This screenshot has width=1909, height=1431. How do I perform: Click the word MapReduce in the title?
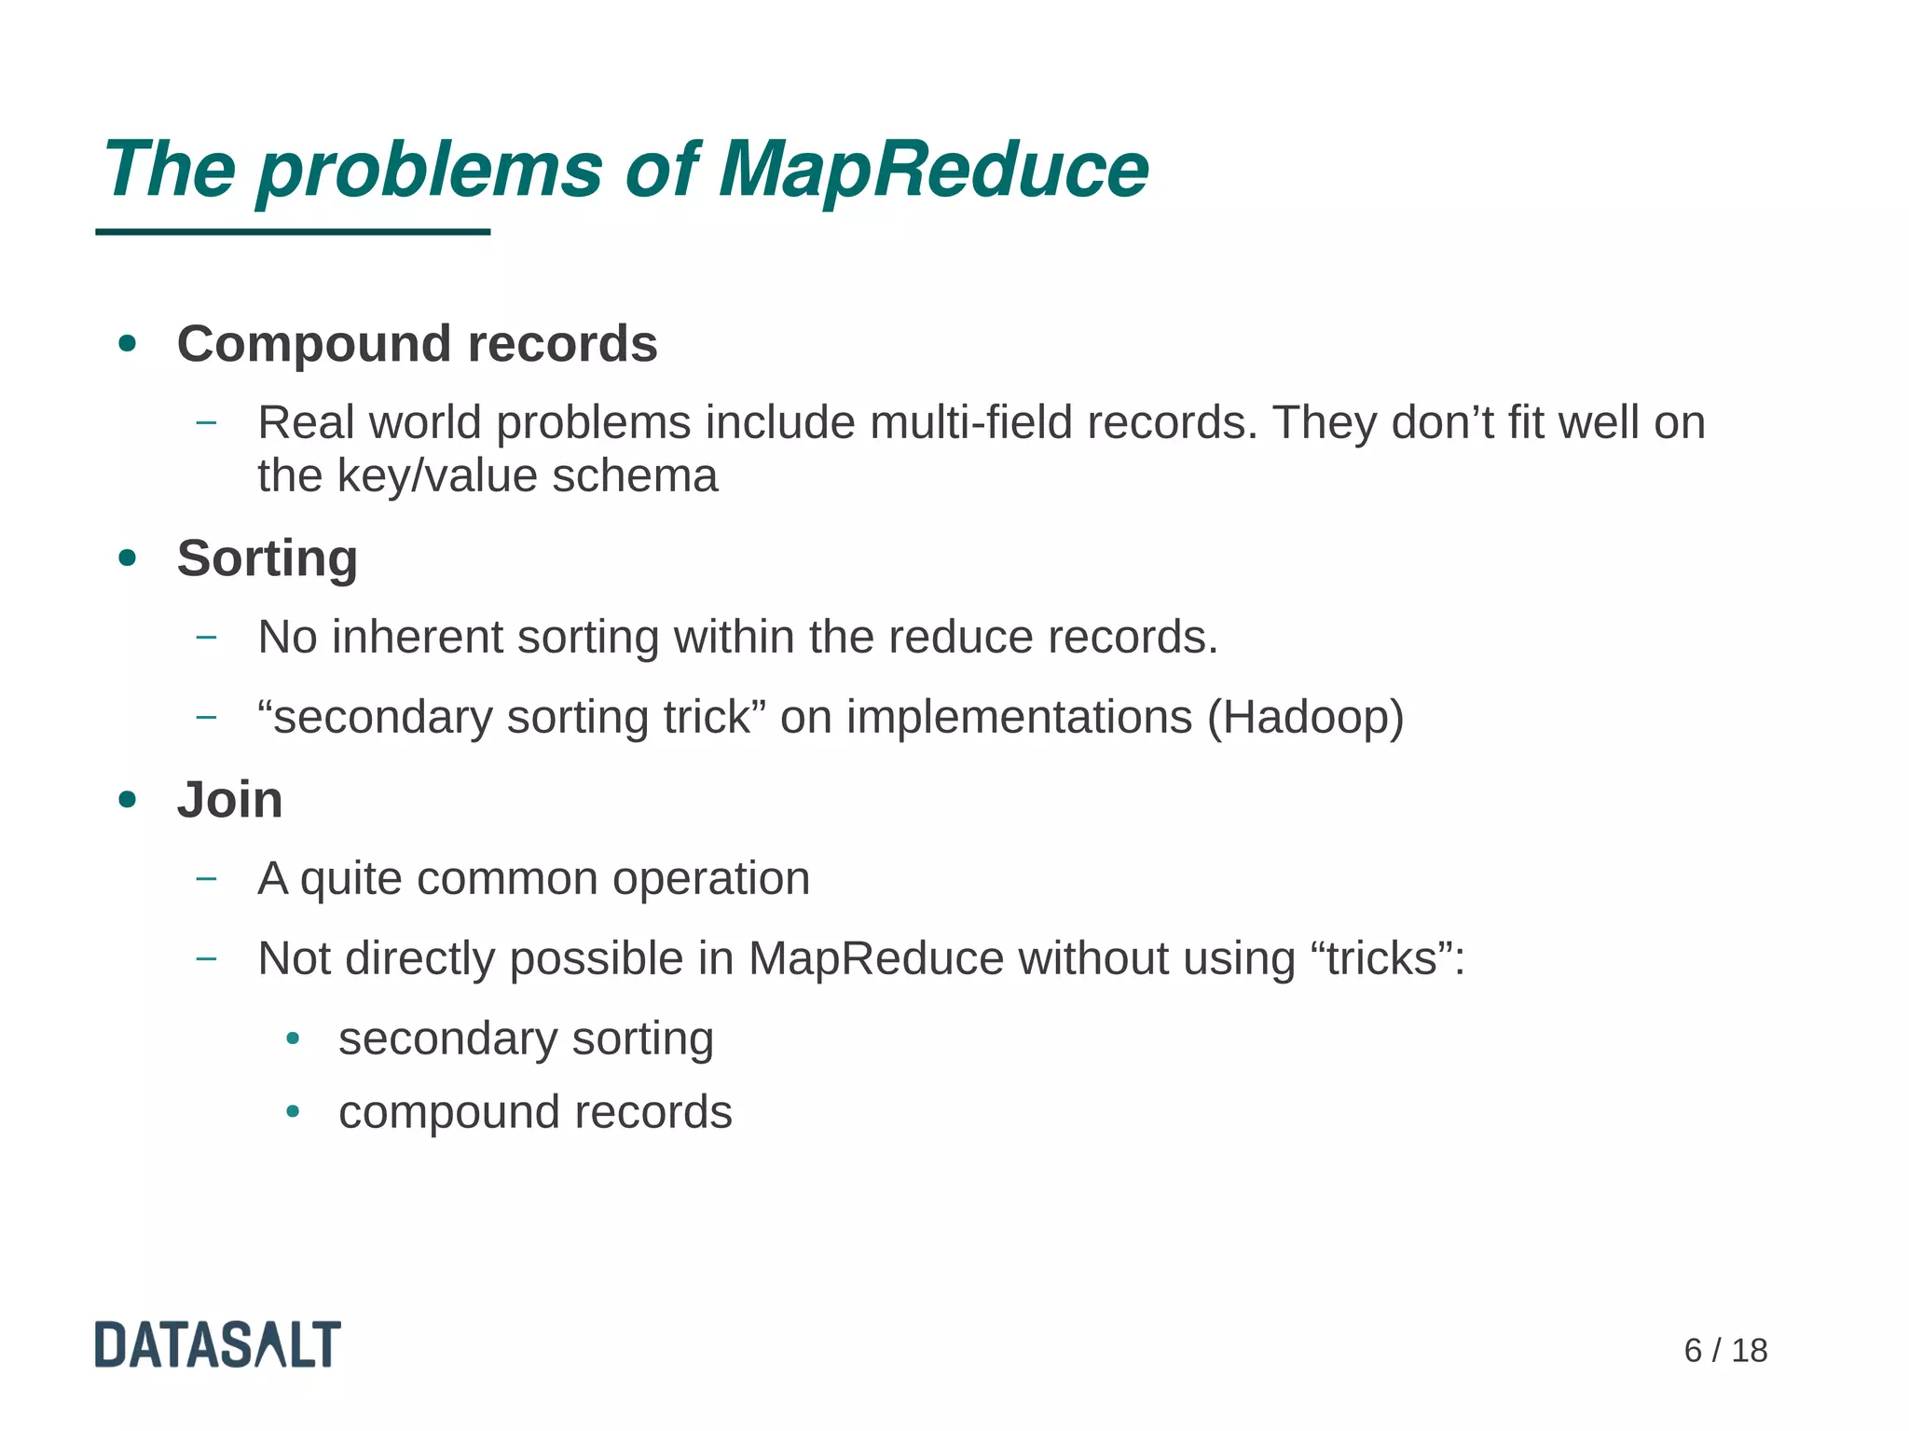[933, 170]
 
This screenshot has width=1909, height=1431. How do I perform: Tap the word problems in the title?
[430, 170]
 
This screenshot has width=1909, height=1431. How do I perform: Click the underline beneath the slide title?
[293, 232]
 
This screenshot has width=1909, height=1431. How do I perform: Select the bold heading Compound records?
[417, 344]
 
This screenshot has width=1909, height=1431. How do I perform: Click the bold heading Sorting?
[267, 558]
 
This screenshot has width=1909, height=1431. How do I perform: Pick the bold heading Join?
[229, 800]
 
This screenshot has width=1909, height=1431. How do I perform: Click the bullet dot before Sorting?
[128, 558]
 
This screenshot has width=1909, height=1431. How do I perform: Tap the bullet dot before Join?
[128, 800]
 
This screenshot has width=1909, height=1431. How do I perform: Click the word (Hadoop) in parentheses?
[1305, 717]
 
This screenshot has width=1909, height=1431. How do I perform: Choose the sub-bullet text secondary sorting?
[526, 1039]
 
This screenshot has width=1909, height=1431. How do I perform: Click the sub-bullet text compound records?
[535, 1112]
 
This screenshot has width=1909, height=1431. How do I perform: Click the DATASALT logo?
[218, 1344]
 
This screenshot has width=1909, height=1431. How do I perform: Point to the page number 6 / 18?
[1724, 1351]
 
